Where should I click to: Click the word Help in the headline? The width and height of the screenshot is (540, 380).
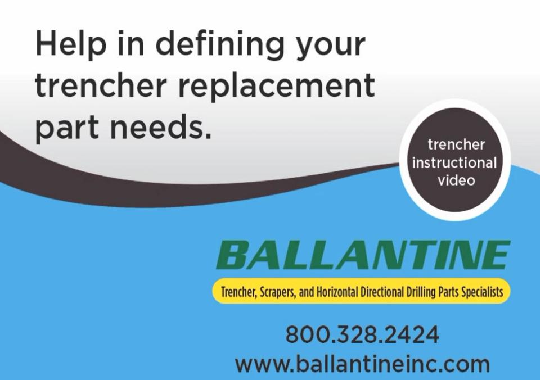coord(71,44)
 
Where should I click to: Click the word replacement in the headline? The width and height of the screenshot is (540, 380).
coord(276,87)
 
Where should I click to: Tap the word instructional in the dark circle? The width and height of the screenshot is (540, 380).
coord(454,162)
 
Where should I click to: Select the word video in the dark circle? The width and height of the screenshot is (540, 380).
coord(456,180)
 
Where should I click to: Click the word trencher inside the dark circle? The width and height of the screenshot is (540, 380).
coord(456,144)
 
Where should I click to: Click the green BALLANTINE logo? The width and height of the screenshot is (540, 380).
coord(363,255)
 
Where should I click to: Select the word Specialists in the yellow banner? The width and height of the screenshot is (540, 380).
coord(482,292)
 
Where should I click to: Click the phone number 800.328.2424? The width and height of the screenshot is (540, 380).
coord(362,334)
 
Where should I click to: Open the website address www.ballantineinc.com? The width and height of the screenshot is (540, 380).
coord(362,364)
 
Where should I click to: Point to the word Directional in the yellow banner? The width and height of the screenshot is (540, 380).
coord(382,292)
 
